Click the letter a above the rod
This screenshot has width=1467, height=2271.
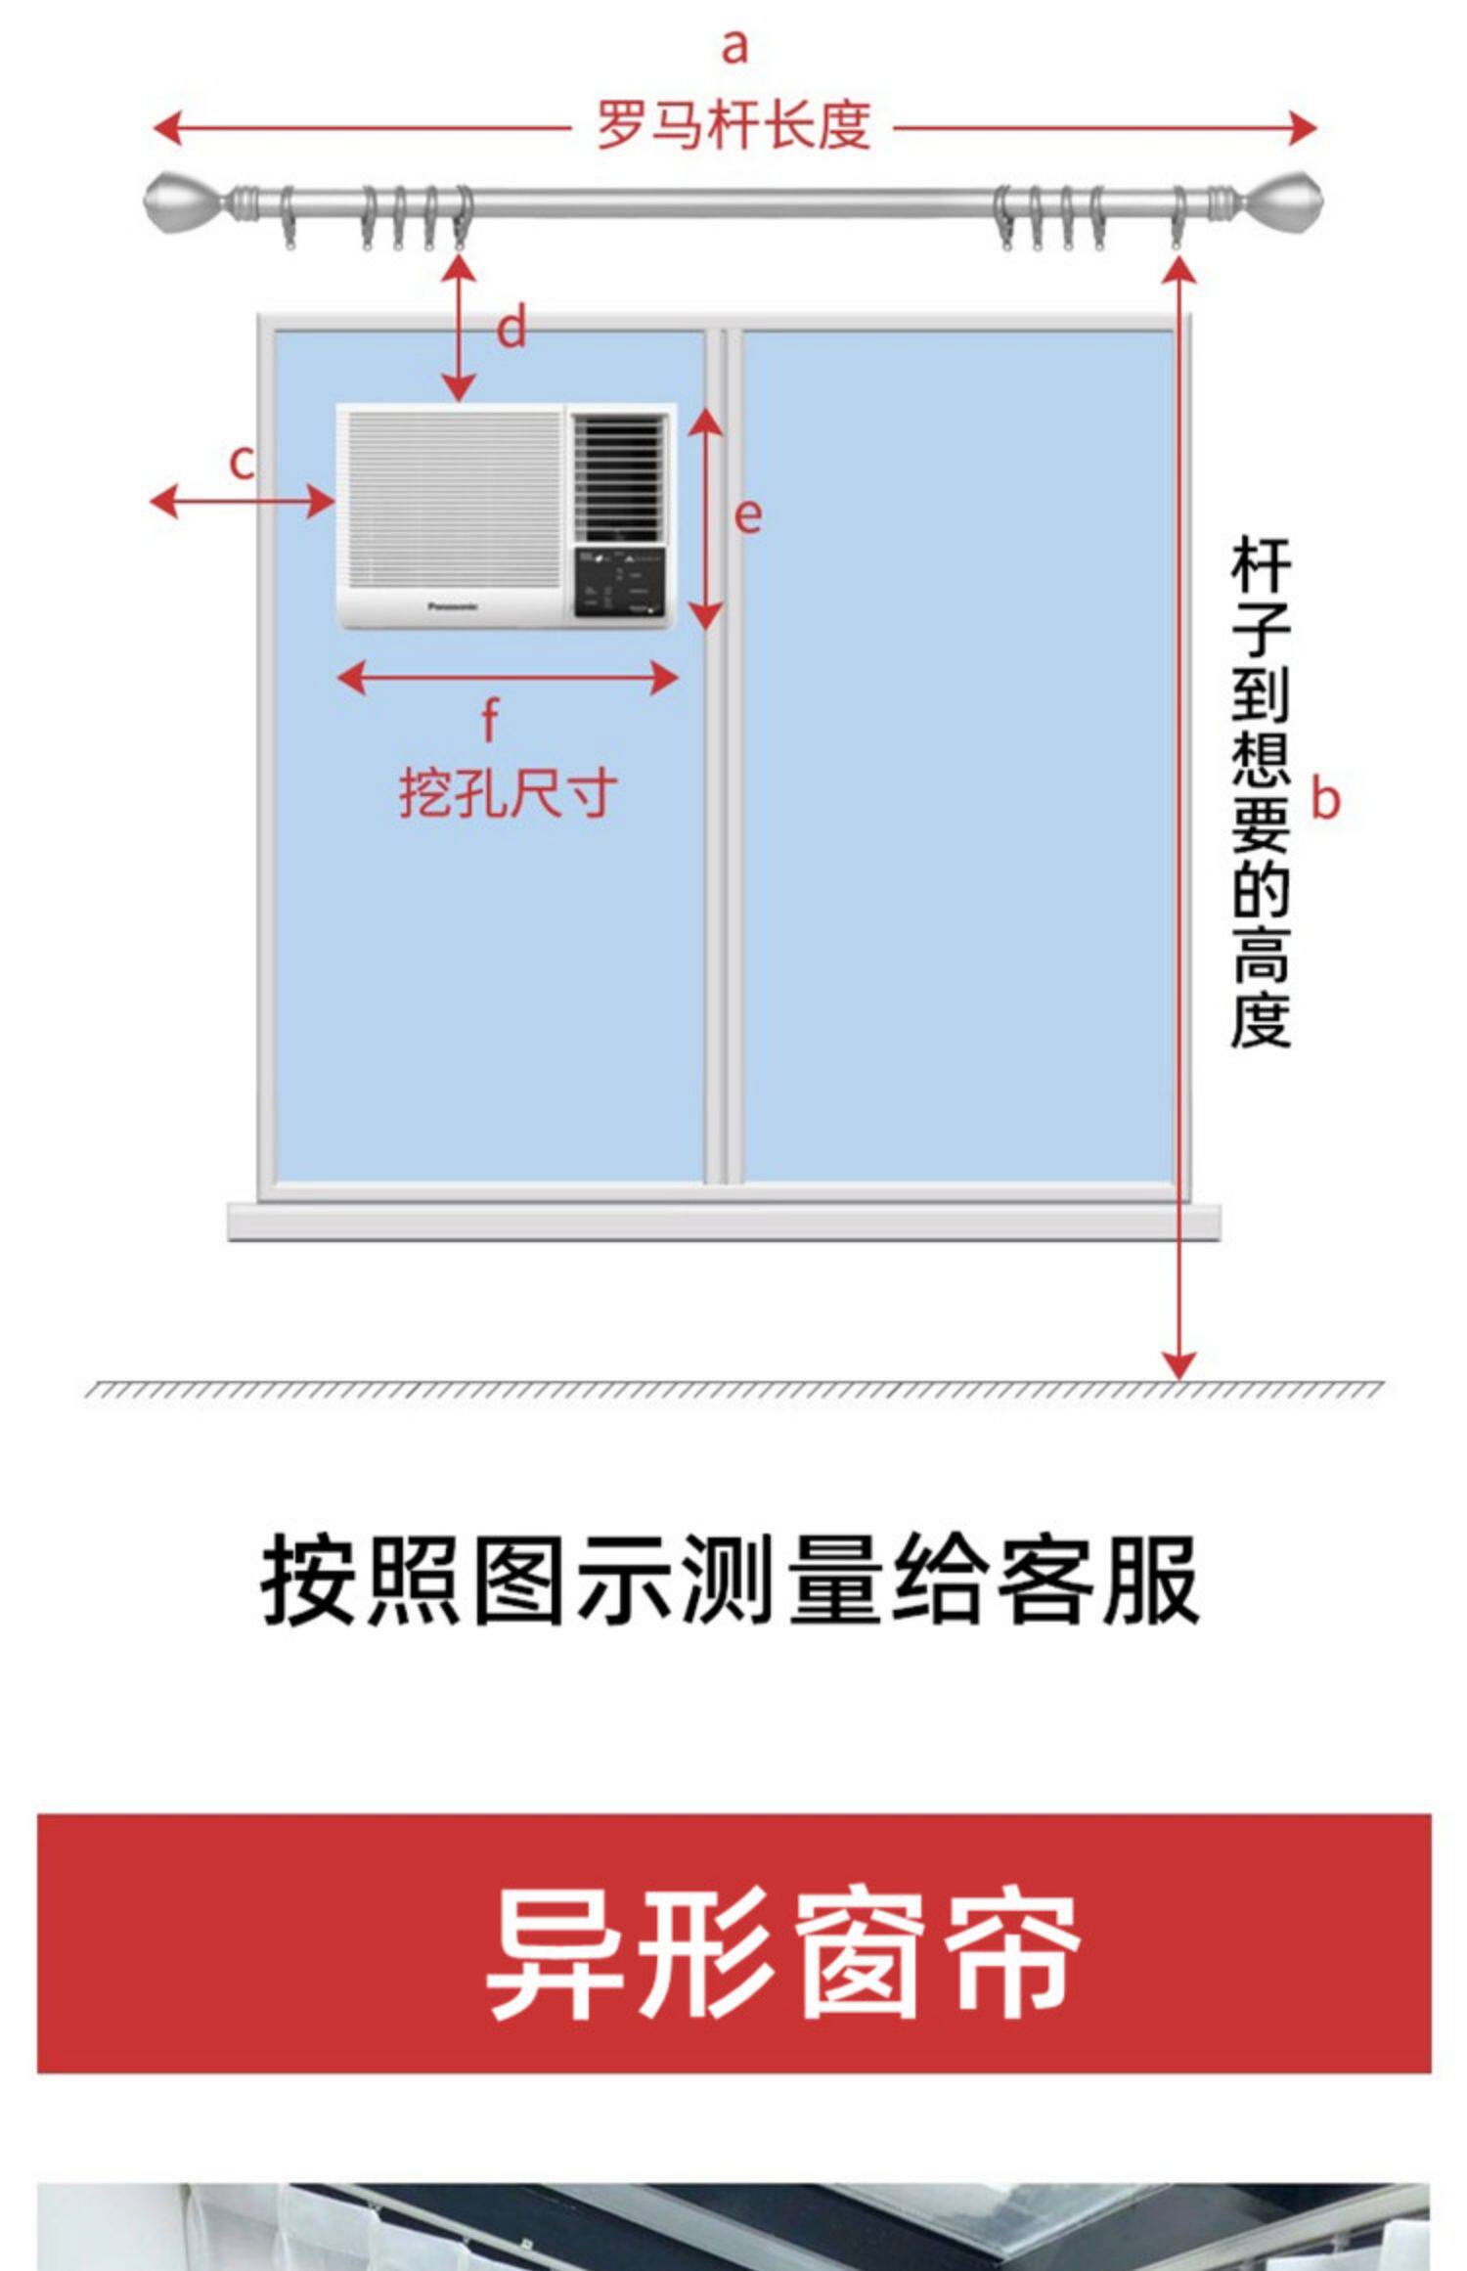tap(734, 47)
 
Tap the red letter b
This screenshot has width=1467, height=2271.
tap(1324, 799)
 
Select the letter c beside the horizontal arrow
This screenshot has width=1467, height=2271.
tap(242, 462)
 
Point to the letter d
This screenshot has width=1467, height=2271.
tap(511, 328)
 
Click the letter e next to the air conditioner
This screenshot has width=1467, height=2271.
tap(747, 515)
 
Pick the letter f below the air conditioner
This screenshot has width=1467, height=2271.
tap(490, 720)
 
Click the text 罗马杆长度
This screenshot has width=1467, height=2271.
tap(733, 125)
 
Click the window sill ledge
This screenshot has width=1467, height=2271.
tap(724, 1221)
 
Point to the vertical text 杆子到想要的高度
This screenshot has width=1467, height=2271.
tap(1260, 792)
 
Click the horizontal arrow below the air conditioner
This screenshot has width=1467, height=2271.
tap(507, 677)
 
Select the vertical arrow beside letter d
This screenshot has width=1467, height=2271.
tap(459, 329)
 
